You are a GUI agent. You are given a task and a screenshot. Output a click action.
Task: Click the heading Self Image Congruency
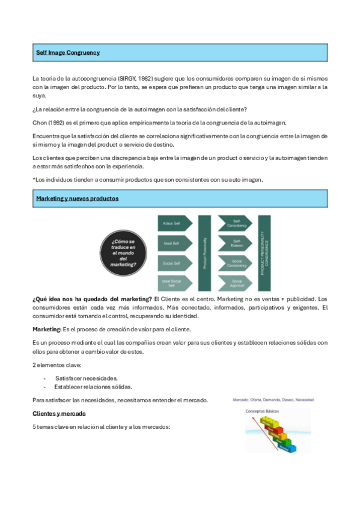click(x=68, y=53)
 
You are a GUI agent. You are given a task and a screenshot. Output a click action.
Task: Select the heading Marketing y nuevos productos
click(x=78, y=198)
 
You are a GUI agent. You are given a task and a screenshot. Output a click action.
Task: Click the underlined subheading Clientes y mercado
click(x=59, y=414)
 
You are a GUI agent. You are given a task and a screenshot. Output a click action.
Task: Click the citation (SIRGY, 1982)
click(x=135, y=79)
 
